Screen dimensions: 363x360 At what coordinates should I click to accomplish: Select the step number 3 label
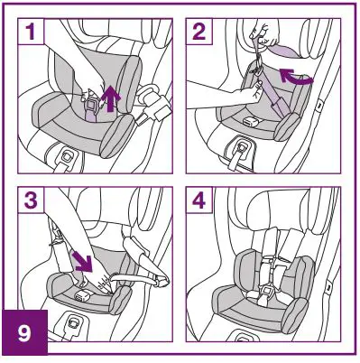click(x=32, y=200)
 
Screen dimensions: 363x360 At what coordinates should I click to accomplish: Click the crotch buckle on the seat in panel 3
click(x=84, y=293)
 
